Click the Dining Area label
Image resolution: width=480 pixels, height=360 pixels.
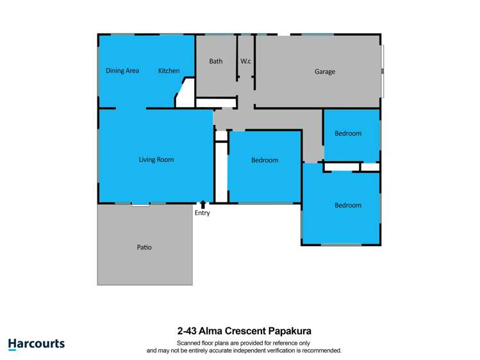122,71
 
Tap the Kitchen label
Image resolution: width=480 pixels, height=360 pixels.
169,71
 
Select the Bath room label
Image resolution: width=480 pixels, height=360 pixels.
216,61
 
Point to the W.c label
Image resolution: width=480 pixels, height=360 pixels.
245,61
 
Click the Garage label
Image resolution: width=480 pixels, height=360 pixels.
324,72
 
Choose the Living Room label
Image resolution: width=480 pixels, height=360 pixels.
156,160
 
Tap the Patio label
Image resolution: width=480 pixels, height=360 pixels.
144,247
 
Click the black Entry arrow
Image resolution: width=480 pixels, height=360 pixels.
203,204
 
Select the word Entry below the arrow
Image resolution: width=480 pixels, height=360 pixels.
202,213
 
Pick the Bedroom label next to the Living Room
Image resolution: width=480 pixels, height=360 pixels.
265,160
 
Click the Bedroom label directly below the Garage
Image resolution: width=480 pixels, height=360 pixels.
348,133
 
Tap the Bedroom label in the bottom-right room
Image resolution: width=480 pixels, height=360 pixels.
348,206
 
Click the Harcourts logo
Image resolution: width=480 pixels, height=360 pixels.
37,344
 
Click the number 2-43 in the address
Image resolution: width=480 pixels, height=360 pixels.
187,332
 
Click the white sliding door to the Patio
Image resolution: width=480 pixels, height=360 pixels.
140,205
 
